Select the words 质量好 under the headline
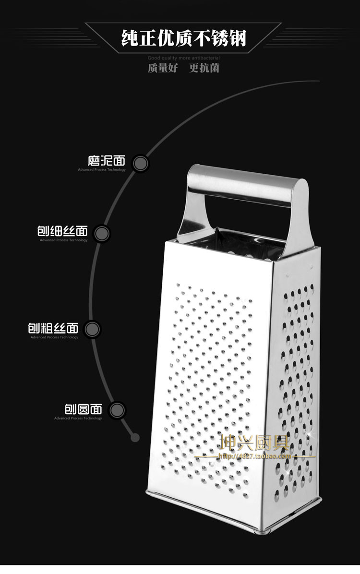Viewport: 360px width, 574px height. [162, 68]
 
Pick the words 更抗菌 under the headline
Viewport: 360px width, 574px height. [204, 68]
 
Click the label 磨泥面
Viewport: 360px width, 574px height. [106, 160]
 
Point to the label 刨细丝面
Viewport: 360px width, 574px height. [63, 231]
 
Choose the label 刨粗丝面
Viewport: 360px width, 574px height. [53, 328]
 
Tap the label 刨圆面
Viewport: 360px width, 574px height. [83, 409]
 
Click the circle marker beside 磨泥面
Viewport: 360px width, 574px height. [140, 163]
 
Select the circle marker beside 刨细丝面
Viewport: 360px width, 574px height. [101, 234]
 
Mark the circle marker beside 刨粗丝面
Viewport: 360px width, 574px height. [92, 329]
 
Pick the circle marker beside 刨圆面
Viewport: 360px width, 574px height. [117, 410]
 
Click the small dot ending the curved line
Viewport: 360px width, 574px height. [135, 437]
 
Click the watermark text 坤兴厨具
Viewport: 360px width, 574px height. [254, 442]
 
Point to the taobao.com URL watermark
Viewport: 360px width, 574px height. [255, 456]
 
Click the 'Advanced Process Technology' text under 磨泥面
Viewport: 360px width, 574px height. [102, 169]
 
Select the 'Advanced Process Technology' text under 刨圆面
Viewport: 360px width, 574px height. [78, 419]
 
